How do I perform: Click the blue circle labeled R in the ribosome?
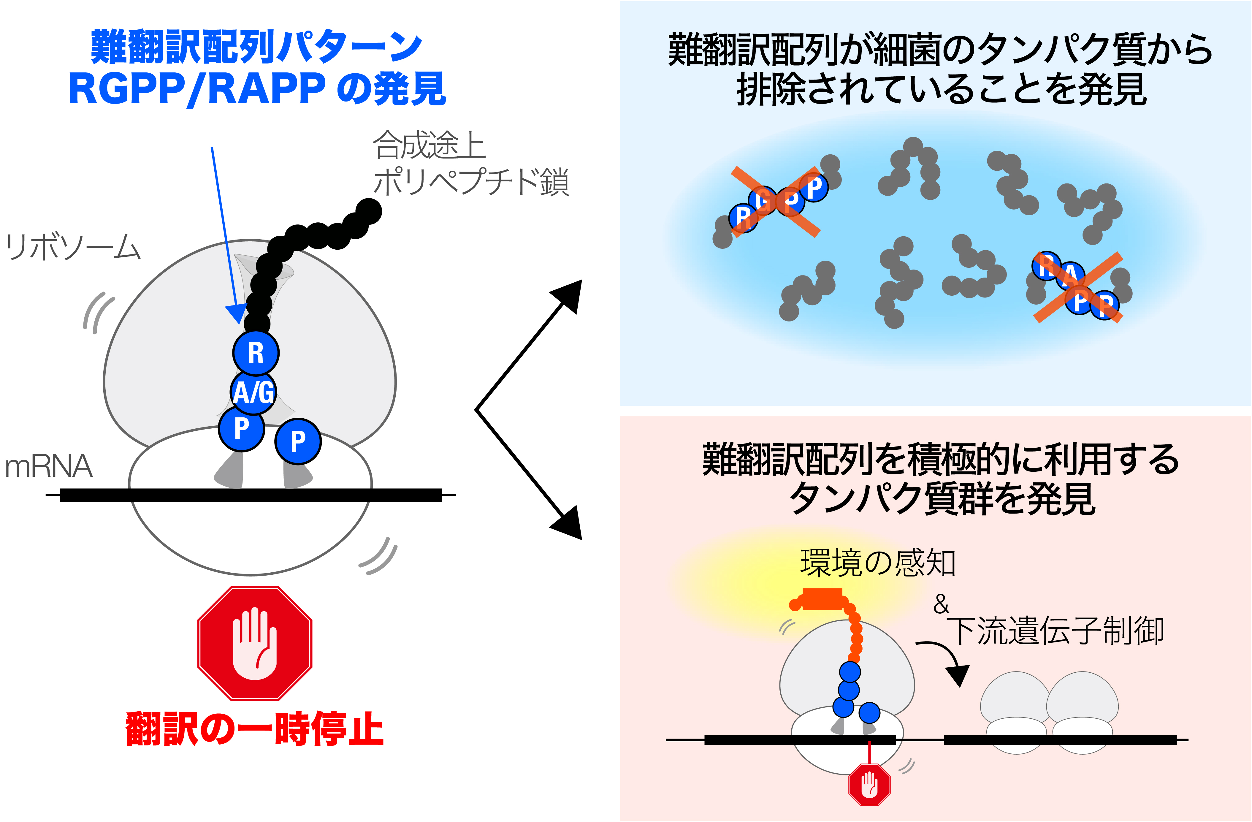tap(256, 353)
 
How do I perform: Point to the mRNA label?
tap(48, 466)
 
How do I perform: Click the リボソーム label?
tap(73, 247)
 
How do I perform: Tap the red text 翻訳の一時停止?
tap(255, 729)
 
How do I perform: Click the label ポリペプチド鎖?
tap(471, 182)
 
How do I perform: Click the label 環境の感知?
tap(877, 562)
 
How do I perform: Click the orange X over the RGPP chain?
tap(775, 202)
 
